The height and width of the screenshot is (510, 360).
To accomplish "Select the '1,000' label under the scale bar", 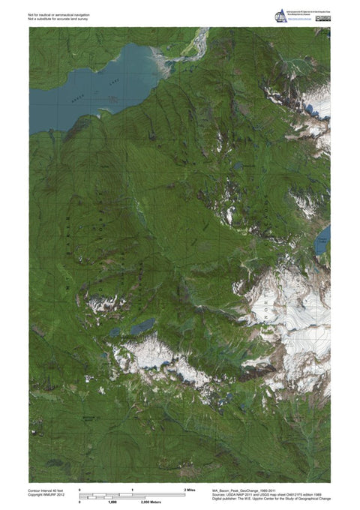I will point(112,502).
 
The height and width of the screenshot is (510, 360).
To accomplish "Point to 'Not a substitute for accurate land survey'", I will point(58,19).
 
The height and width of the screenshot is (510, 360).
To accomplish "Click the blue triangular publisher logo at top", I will point(281,15).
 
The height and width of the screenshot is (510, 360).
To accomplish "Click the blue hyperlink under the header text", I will point(298,21).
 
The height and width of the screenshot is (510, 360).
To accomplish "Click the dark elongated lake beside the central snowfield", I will point(142,326).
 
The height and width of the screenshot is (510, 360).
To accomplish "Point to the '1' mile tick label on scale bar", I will point(133,489).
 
